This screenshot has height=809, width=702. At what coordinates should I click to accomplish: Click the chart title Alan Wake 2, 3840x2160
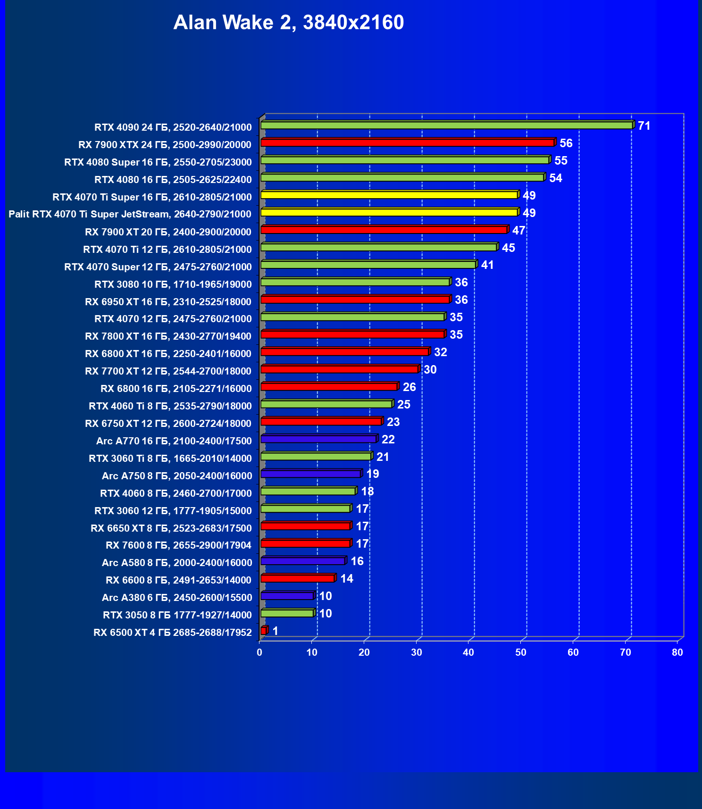(x=288, y=23)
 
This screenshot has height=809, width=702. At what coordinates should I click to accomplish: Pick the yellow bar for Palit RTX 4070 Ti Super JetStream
(x=389, y=212)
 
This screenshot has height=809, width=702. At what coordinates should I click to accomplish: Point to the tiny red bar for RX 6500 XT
(x=263, y=631)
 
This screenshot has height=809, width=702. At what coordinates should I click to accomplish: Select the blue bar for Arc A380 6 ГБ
(x=287, y=596)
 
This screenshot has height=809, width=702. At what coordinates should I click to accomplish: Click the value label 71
(x=644, y=126)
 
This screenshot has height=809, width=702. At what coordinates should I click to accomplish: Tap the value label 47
(x=518, y=231)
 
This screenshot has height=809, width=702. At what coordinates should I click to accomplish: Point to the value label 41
(x=487, y=265)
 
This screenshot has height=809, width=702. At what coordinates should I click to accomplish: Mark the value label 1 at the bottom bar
(x=276, y=631)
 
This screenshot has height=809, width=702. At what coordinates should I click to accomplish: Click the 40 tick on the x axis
(x=468, y=652)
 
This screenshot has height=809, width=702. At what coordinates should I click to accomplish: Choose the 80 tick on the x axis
(x=677, y=652)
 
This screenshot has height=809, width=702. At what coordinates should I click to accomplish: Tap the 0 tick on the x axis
(x=259, y=652)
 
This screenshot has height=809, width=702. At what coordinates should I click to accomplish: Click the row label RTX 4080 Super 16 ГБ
(x=158, y=162)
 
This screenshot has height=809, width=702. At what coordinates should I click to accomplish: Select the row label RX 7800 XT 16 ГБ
(x=168, y=336)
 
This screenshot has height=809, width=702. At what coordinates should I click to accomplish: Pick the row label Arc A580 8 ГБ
(x=177, y=563)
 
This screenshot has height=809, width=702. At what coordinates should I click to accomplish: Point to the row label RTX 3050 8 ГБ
(x=177, y=615)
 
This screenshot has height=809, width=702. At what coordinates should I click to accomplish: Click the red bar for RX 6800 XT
(x=344, y=352)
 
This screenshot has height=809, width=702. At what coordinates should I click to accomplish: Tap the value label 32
(x=440, y=352)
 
